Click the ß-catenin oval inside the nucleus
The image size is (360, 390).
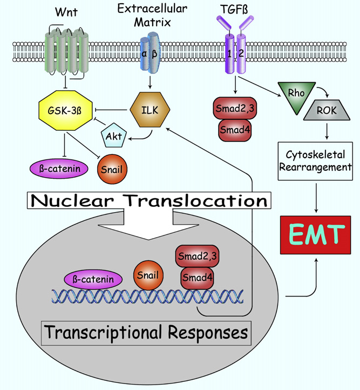[93, 279]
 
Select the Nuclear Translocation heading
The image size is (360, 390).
[147, 201]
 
